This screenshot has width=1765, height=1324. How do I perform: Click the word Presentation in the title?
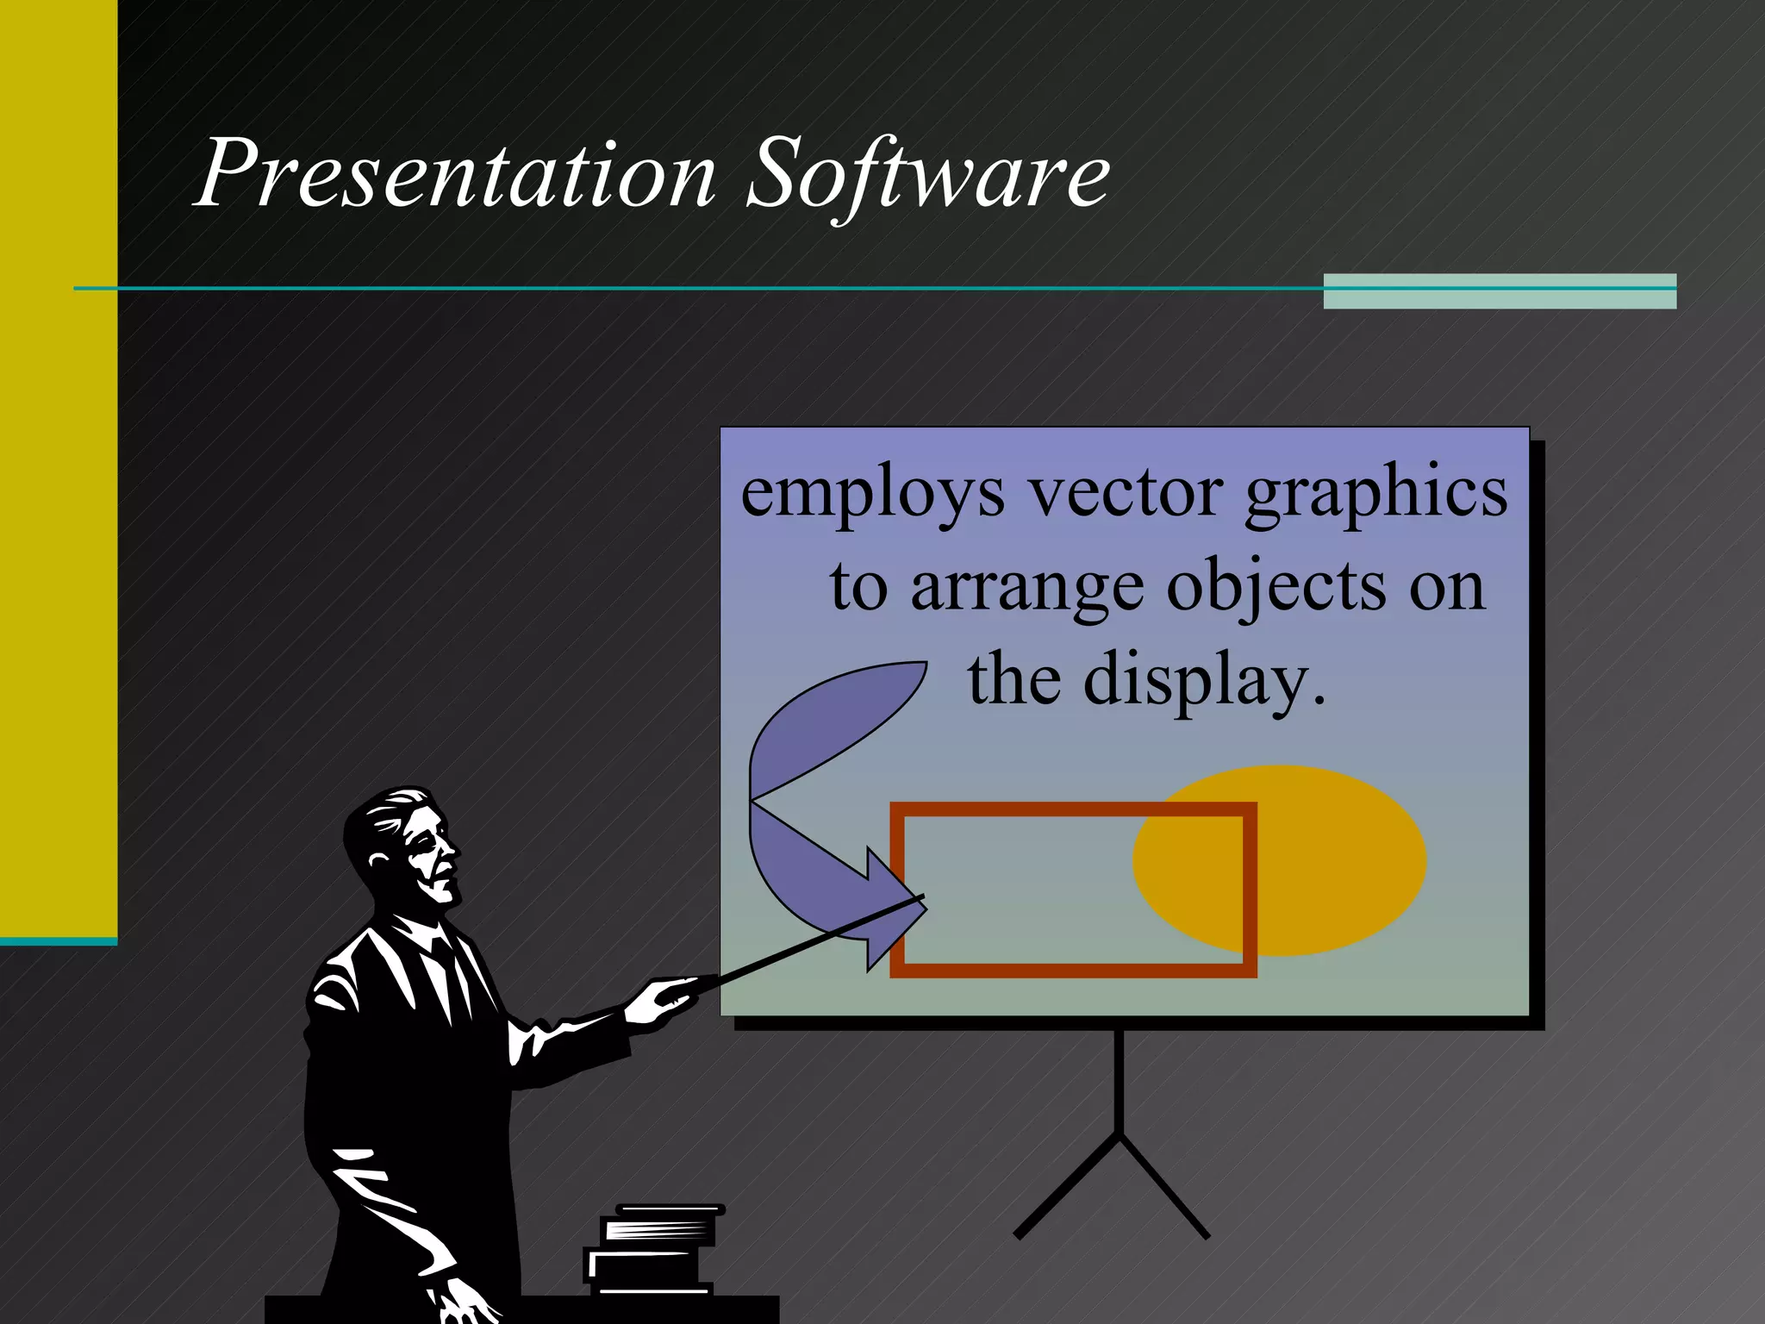tap(457, 174)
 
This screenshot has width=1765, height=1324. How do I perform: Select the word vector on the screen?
tap(1126, 494)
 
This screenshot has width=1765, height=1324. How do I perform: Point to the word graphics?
tap(1376, 494)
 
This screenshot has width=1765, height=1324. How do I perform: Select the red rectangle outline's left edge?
tap(896, 888)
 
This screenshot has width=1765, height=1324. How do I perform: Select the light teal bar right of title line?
tap(1500, 291)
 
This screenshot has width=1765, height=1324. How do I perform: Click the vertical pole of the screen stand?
tap(1119, 1082)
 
